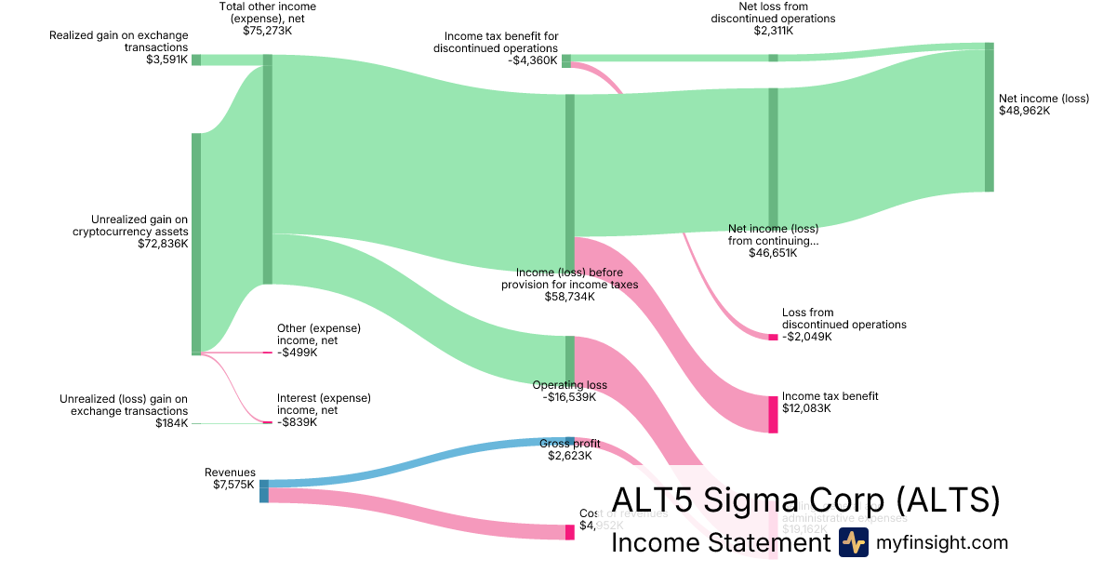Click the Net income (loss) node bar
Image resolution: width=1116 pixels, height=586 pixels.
[x=990, y=116]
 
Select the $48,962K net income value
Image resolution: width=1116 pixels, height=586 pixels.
[x=1024, y=111]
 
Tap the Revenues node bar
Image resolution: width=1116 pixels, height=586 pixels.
[x=264, y=490]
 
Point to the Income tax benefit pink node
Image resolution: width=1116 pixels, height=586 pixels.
[x=773, y=414]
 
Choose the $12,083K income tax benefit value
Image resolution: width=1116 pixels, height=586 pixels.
[x=807, y=408]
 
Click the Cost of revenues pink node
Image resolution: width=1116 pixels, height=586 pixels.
[x=570, y=532]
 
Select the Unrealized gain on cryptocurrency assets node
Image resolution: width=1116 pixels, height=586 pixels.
[x=196, y=244]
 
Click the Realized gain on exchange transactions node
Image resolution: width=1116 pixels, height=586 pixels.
[x=196, y=60]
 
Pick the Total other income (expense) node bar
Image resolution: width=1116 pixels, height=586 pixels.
[x=268, y=168]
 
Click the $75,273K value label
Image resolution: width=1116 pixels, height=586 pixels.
[x=267, y=31]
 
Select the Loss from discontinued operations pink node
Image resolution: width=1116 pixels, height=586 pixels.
[x=773, y=337]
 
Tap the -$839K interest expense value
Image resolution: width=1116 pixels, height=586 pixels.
[x=297, y=422]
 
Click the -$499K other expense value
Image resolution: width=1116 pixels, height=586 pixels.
[x=297, y=353]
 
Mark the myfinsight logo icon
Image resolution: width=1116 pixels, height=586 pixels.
[x=853, y=542]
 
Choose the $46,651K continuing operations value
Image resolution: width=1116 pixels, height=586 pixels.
[x=773, y=253]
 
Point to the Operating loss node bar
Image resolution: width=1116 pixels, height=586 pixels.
[x=570, y=360]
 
